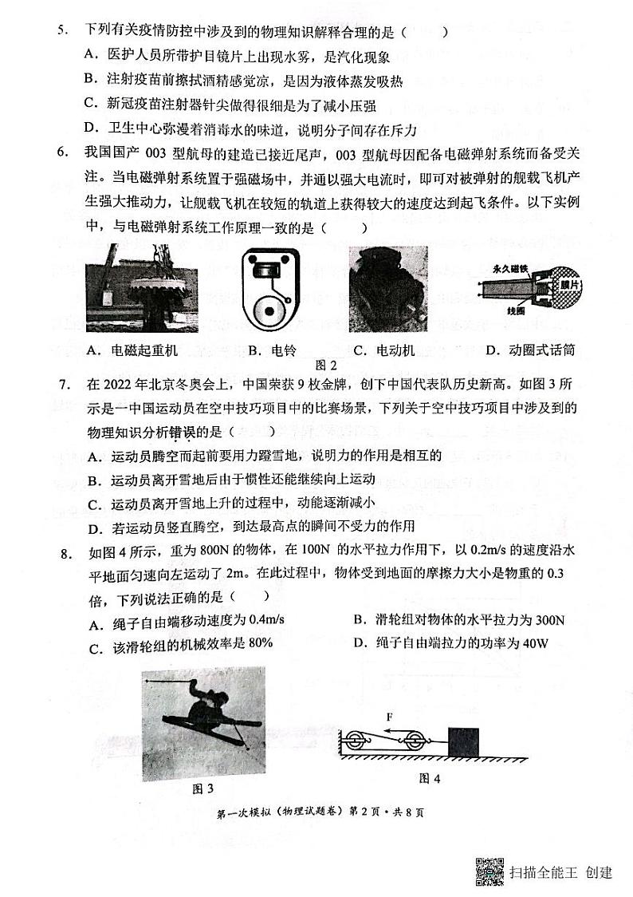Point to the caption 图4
pos(428,777)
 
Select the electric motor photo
pos(388,288)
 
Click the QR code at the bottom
pos(489,871)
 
